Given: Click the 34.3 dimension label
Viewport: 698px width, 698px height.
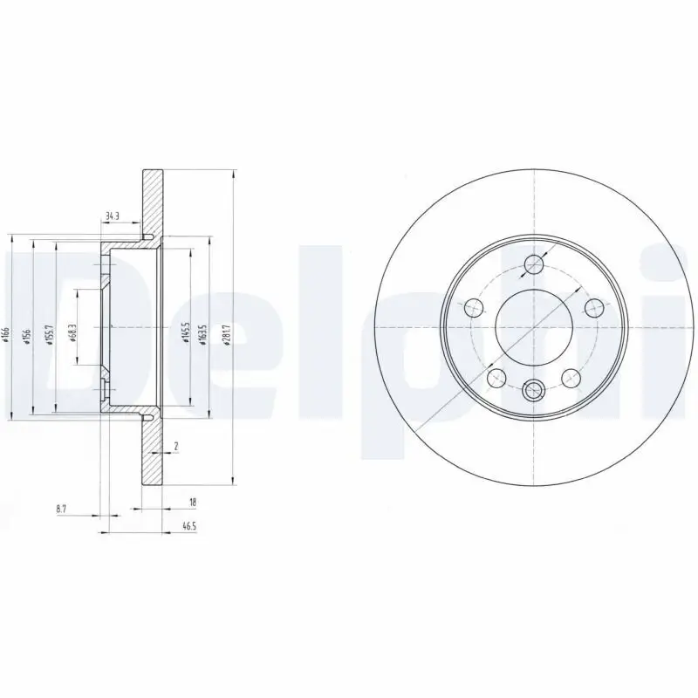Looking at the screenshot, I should click(x=112, y=215).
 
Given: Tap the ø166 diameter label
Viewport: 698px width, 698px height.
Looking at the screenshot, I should click(x=7, y=332).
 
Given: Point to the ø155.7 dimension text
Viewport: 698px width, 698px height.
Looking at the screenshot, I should click(x=51, y=332).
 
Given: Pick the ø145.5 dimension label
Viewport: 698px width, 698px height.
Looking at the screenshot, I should click(x=184, y=332).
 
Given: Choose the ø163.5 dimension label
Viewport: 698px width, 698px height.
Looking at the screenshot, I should click(x=205, y=332).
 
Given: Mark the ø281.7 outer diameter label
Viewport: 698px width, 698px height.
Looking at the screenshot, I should click(x=228, y=332).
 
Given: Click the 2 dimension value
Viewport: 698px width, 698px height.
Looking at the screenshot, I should click(x=176, y=447).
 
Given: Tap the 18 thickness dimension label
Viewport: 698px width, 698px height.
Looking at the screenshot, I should click(x=193, y=502).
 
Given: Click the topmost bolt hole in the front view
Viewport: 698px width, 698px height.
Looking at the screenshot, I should click(x=533, y=264).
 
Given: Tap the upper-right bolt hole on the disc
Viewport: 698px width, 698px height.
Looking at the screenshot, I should click(x=593, y=307).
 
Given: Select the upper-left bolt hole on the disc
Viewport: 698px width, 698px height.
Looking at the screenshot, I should click(x=474, y=307).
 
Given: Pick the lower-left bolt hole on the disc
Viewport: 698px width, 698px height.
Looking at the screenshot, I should click(x=496, y=377).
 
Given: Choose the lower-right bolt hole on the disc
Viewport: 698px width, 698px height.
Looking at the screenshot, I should click(x=571, y=377).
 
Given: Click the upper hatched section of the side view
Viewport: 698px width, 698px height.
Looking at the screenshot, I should click(x=154, y=201).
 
